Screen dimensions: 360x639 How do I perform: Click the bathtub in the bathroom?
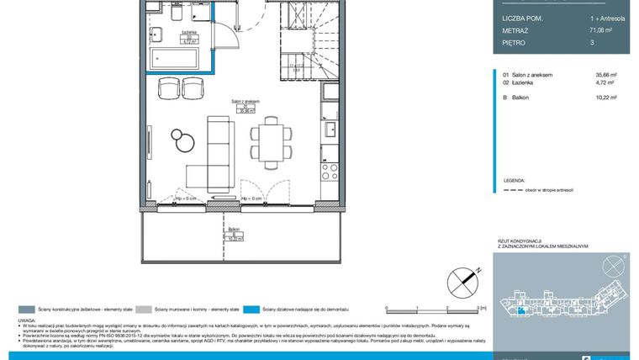coord(175,60)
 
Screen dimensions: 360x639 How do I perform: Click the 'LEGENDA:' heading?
coord(515,181)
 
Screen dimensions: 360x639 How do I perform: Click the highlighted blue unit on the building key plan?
coord(522,310)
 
